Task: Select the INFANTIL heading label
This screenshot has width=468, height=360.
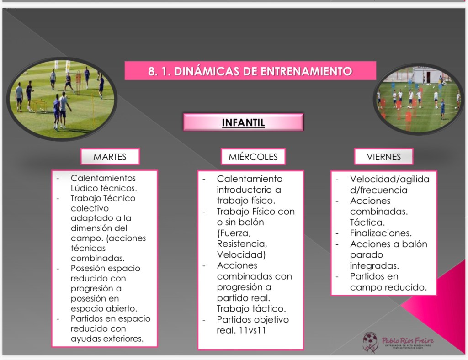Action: [243, 122]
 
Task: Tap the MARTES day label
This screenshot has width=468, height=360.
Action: [110, 157]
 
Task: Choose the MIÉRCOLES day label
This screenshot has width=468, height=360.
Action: [253, 157]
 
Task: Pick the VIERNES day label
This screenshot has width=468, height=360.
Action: [383, 157]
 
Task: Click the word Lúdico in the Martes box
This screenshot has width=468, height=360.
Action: [84, 188]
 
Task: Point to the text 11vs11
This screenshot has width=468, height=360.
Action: [252, 330]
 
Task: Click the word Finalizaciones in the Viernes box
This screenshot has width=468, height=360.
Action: [381, 233]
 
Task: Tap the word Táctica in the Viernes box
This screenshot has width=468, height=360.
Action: [367, 222]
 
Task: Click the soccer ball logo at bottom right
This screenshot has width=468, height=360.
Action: [370, 342]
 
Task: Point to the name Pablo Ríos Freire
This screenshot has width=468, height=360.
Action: [408, 340]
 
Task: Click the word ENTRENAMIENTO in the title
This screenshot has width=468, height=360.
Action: [306, 71]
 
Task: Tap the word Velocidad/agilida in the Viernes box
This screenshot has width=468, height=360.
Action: [389, 179]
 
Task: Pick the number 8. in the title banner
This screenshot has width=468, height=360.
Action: [153, 71]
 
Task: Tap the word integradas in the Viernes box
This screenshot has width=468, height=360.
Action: [374, 265]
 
